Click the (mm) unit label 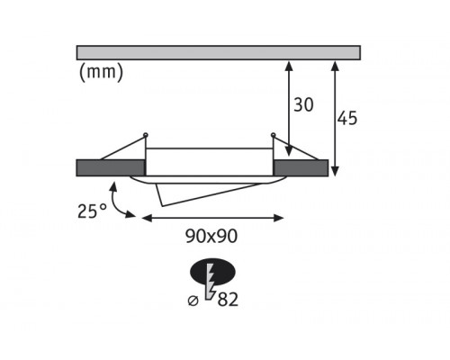coord(101,73)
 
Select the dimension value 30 coord(303,104)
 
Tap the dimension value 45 coord(347,118)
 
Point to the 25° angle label coord(92,211)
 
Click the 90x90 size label coord(211,236)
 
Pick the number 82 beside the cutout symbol coord(228,299)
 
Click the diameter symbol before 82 coord(193,301)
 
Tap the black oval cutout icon coord(212,272)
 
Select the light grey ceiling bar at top coord(219,53)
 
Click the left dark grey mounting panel coord(111,168)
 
